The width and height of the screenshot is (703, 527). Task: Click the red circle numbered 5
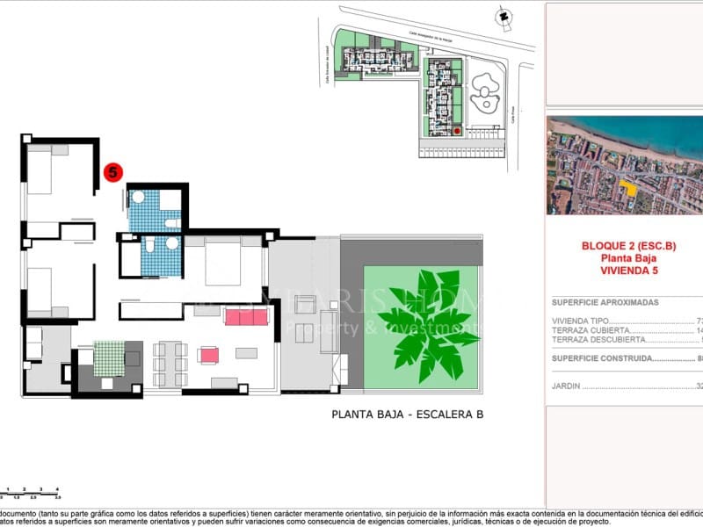[113, 173]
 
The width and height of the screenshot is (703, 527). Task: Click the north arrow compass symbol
[503, 15]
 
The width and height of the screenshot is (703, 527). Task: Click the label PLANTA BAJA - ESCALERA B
[407, 415]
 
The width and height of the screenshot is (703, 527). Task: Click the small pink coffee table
[209, 355]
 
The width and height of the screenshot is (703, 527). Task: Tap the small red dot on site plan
[457, 131]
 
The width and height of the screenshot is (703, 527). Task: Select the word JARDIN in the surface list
[566, 386]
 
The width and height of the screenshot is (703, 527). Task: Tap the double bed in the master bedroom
[233, 263]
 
